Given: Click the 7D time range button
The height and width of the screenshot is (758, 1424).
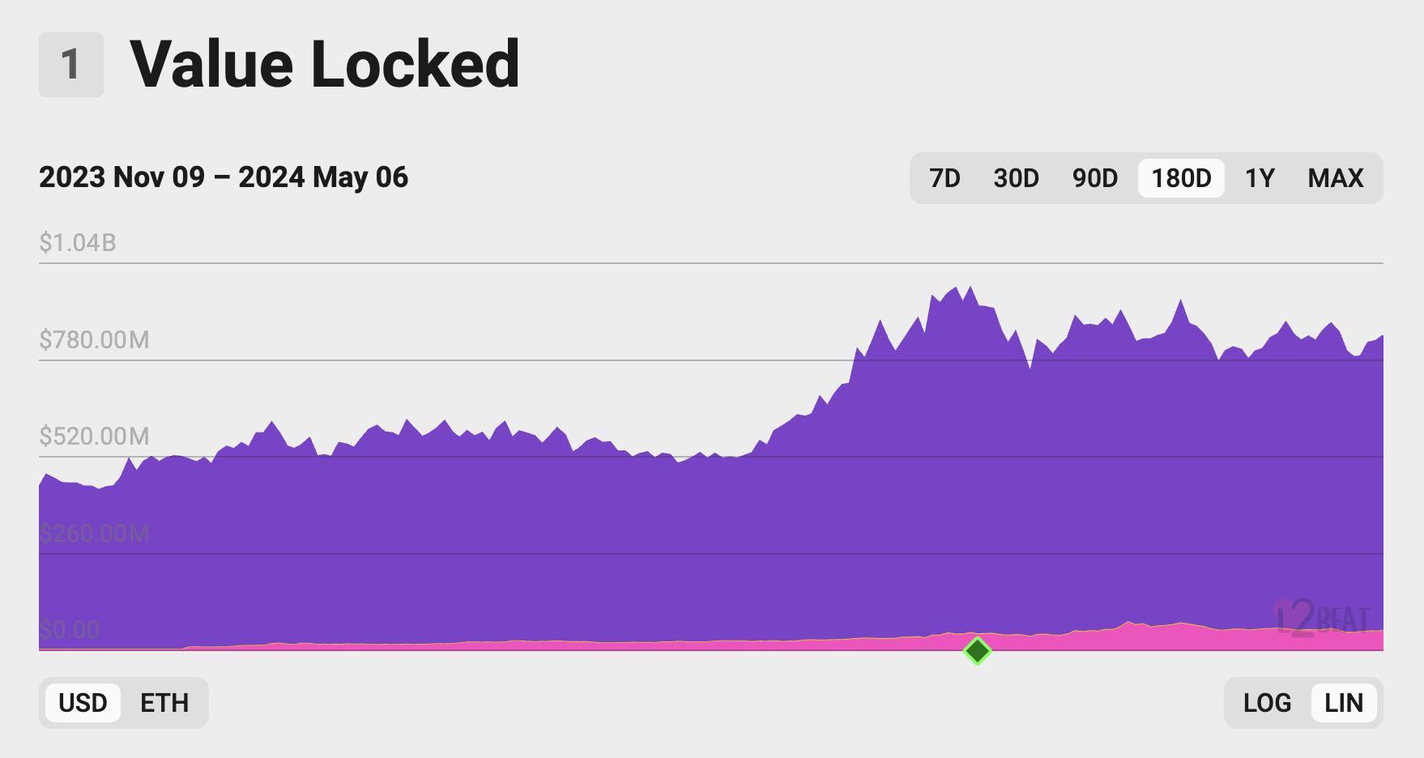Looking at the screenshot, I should tap(944, 178).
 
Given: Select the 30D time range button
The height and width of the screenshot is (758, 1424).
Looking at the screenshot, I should tap(1016, 178).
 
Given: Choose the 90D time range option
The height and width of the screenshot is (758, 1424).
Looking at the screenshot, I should tap(1095, 178).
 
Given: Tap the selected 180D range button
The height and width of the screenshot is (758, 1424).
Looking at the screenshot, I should tap(1181, 178).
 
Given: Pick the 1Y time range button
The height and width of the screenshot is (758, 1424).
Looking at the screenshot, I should tap(1260, 178).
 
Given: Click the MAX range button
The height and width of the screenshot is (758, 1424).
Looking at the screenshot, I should tap(1336, 178).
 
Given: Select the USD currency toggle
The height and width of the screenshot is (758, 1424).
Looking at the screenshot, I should tap(83, 703).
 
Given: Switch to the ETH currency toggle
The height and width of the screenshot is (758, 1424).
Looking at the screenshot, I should tap(164, 703).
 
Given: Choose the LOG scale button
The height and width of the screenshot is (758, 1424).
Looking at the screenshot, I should tap(1267, 703).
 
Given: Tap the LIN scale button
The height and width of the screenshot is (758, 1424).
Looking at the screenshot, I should tap(1344, 703).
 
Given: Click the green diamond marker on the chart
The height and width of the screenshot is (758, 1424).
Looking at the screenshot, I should tap(978, 650).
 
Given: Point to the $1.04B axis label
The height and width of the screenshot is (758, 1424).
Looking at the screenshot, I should tap(78, 242).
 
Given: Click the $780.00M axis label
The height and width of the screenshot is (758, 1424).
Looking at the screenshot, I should tap(94, 339).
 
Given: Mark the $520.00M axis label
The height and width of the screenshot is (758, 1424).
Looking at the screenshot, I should tap(94, 436).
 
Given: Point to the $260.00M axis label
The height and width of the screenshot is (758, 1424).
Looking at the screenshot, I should tap(94, 534).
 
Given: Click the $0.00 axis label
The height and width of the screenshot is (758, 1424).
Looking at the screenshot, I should tap(70, 629).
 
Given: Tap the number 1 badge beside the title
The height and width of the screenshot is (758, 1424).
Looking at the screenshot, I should tap(71, 65).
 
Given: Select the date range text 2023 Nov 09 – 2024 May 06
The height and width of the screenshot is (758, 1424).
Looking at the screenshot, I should tap(224, 177).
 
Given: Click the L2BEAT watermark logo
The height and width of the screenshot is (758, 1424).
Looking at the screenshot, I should tap(1322, 620).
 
